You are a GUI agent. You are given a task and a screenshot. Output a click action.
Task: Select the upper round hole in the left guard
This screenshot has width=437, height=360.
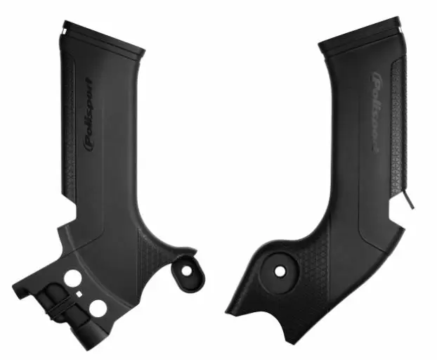click(73, 278)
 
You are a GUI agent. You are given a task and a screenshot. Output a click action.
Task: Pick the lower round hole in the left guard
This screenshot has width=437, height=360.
click(97, 307)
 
